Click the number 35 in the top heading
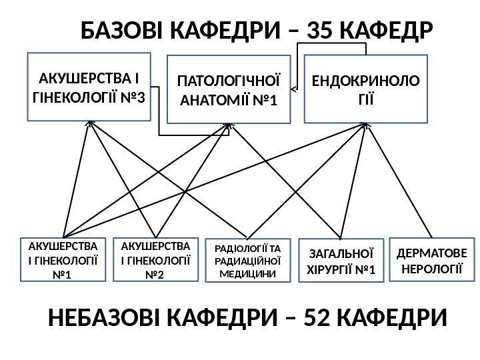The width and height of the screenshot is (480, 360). (324, 30)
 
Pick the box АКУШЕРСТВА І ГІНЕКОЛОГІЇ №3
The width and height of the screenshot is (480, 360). (89, 87)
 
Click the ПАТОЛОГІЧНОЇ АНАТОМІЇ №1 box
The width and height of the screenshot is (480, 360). (229, 89)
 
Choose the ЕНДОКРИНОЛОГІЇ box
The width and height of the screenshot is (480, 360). (365, 89)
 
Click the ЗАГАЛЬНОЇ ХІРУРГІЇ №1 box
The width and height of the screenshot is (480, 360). (341, 261)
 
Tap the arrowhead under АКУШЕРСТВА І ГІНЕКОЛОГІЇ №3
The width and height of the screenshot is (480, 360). (89, 124)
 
